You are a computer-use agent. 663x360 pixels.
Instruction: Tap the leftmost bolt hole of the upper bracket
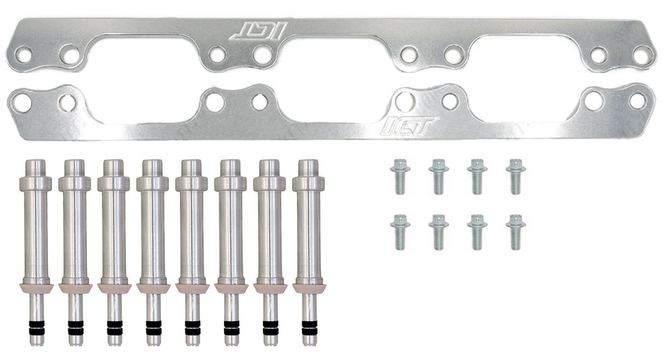[x=24, y=55]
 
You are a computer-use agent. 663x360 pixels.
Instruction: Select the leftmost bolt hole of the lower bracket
[x=22, y=102]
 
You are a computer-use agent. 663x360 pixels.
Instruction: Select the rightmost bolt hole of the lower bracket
[x=638, y=101]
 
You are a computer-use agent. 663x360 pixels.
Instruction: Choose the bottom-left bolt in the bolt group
[x=400, y=231]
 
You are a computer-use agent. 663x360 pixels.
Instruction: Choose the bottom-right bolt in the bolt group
[x=516, y=231]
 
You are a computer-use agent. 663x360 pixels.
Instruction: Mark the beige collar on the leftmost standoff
[x=36, y=287]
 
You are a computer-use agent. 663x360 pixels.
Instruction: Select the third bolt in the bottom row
[x=477, y=231]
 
